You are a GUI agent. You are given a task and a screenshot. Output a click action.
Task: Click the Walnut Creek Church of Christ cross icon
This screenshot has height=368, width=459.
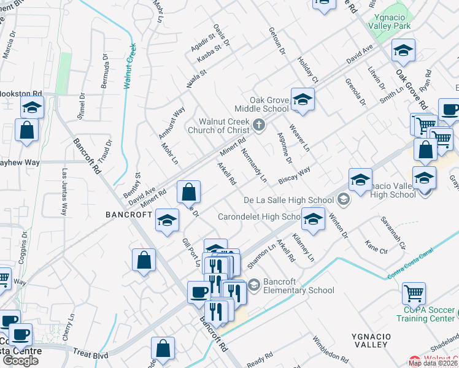coord(259,125)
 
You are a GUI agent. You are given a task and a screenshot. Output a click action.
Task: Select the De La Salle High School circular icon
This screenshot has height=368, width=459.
coord(342,199)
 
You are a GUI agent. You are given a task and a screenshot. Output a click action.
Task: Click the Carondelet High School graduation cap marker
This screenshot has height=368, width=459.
coord(313,219)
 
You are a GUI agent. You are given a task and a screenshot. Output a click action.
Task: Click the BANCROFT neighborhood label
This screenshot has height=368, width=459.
coord(128,215)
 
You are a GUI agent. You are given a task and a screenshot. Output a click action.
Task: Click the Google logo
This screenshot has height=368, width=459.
coord(20,360)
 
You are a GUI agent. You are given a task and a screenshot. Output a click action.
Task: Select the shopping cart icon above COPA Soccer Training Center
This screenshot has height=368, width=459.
coord(414,293)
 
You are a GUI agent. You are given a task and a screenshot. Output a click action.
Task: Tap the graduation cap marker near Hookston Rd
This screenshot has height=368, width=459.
coord(32,107)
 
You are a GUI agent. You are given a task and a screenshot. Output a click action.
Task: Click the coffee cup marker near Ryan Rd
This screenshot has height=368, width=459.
coord(449,110)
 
